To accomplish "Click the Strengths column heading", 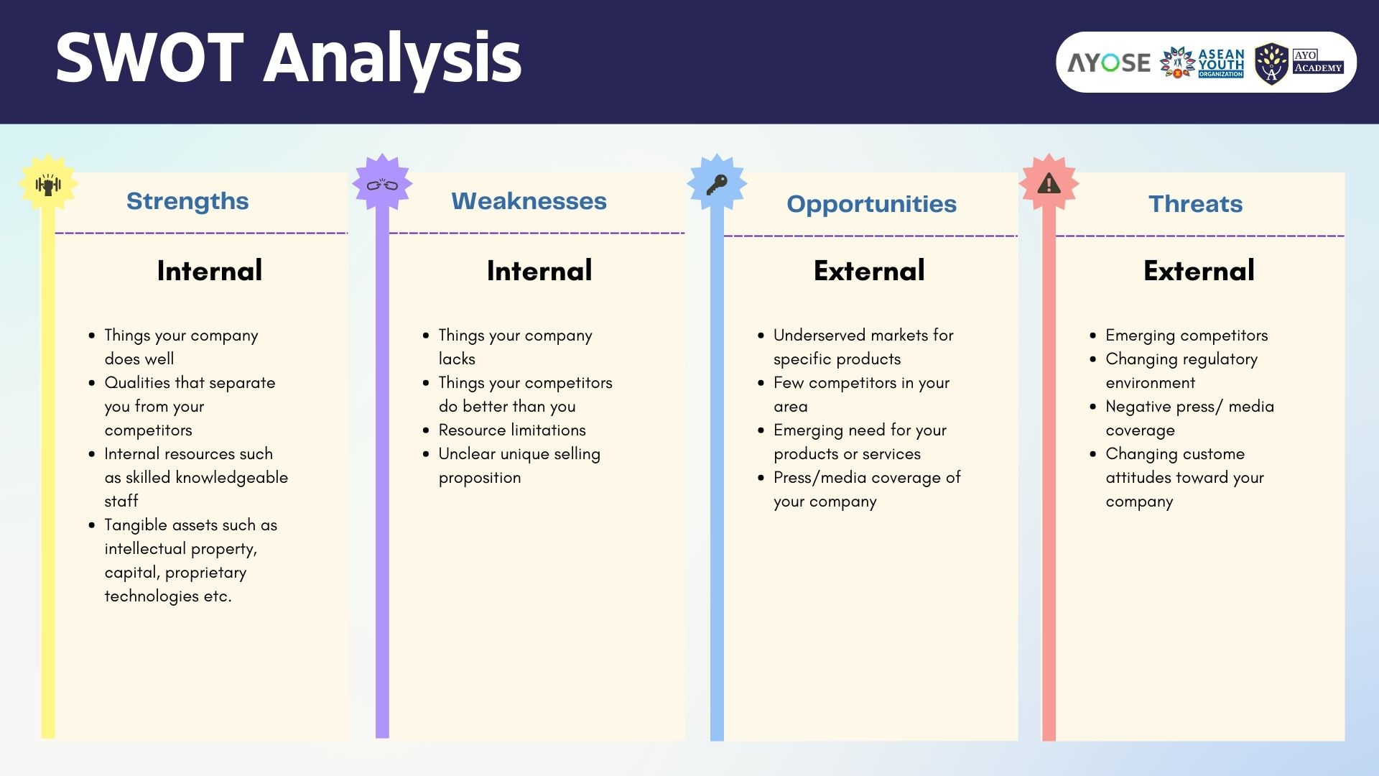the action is click(x=187, y=201).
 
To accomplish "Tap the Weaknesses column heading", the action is click(x=529, y=201).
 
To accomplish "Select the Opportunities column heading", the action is click(x=871, y=205).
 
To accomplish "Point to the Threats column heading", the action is click(x=1195, y=204).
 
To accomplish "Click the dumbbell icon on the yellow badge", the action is click(x=48, y=185).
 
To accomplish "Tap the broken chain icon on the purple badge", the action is click(x=382, y=185).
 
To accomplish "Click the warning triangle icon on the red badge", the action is click(x=1049, y=184).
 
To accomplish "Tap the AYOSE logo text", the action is click(x=1109, y=63).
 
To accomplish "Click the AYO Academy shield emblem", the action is click(x=1271, y=64).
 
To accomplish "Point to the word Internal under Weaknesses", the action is click(x=539, y=271).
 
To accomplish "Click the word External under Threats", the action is click(x=1199, y=271).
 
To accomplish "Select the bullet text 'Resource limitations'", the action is click(x=512, y=430).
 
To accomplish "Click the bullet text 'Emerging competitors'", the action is click(x=1187, y=336).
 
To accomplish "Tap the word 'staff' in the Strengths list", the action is click(x=121, y=501).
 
